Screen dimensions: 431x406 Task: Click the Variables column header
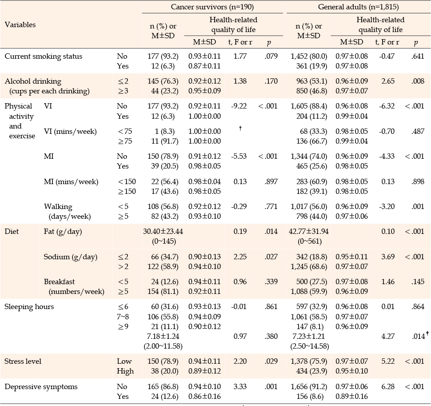pyautogui.click(x=20, y=25)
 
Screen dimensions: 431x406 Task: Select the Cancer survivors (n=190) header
pyautogui.click(x=212, y=7)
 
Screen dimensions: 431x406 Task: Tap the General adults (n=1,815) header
pyautogui.click(x=359, y=7)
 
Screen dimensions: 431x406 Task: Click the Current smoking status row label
pyautogui.click(x=44, y=56)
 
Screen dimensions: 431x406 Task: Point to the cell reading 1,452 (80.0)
pyautogui.click(x=309, y=56)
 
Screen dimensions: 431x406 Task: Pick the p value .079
pyautogui.click(x=271, y=56)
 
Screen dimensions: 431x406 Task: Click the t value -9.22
pyautogui.click(x=239, y=106)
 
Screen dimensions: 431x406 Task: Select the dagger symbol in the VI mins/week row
pyautogui.click(x=240, y=128)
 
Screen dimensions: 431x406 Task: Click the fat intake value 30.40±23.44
pyautogui.click(x=163, y=232)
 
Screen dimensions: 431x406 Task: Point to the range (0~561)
pyautogui.click(x=310, y=241)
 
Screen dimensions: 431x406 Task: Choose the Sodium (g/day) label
pyautogui.click(x=70, y=257)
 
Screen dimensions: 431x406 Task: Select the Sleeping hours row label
pyautogui.click(x=29, y=307)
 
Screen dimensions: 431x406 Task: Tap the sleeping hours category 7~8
pyautogui.click(x=123, y=317)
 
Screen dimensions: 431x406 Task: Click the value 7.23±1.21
pyautogui.click(x=309, y=337)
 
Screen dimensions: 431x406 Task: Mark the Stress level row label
pyautogui.click(x=23, y=362)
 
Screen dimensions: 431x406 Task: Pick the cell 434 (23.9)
pyautogui.click(x=312, y=371)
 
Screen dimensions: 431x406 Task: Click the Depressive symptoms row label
pyautogui.click(x=41, y=387)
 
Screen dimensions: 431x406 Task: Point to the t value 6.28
pyautogui.click(x=388, y=387)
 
